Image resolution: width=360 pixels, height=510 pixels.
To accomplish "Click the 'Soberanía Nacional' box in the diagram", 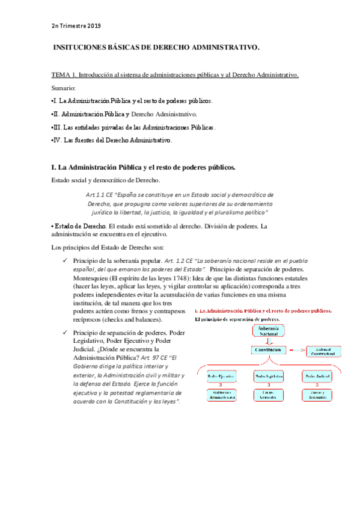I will click(x=267, y=331).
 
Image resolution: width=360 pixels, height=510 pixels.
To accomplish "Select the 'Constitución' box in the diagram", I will click(x=267, y=349).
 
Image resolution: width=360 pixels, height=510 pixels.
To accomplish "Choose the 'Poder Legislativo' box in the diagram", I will click(x=267, y=376).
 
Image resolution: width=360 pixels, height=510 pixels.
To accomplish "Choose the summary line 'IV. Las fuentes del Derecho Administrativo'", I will click(x=112, y=141).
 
